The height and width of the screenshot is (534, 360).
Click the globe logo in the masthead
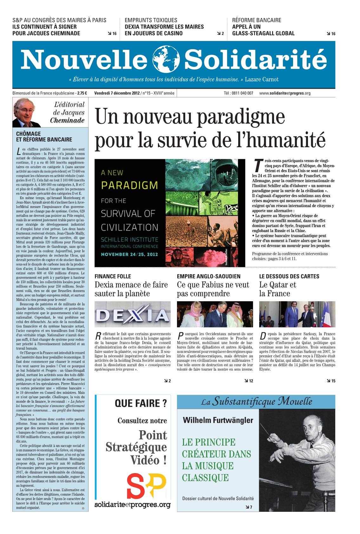coord(166,59)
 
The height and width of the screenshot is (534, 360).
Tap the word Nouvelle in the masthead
coord(84,60)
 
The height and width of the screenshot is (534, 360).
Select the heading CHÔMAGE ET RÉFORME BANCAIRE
coord(44,137)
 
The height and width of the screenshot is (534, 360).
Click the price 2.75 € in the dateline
coord(82,93)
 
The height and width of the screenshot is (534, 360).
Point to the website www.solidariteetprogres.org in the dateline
coord(285,93)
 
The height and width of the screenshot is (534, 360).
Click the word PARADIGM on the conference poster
coord(129,185)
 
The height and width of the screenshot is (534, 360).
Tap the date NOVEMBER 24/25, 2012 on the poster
coord(129,254)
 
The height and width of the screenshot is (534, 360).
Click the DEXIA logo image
coord(133,314)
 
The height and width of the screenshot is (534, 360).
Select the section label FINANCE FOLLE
coord(113,277)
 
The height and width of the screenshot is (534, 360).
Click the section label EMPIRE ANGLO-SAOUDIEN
coord(209,277)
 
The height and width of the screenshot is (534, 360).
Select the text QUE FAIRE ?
coord(141,403)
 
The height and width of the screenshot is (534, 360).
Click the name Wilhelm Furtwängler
coord(218,420)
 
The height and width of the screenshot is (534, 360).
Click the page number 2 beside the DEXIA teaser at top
coord(223,34)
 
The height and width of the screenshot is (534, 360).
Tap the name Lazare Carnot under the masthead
coord(262,80)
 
